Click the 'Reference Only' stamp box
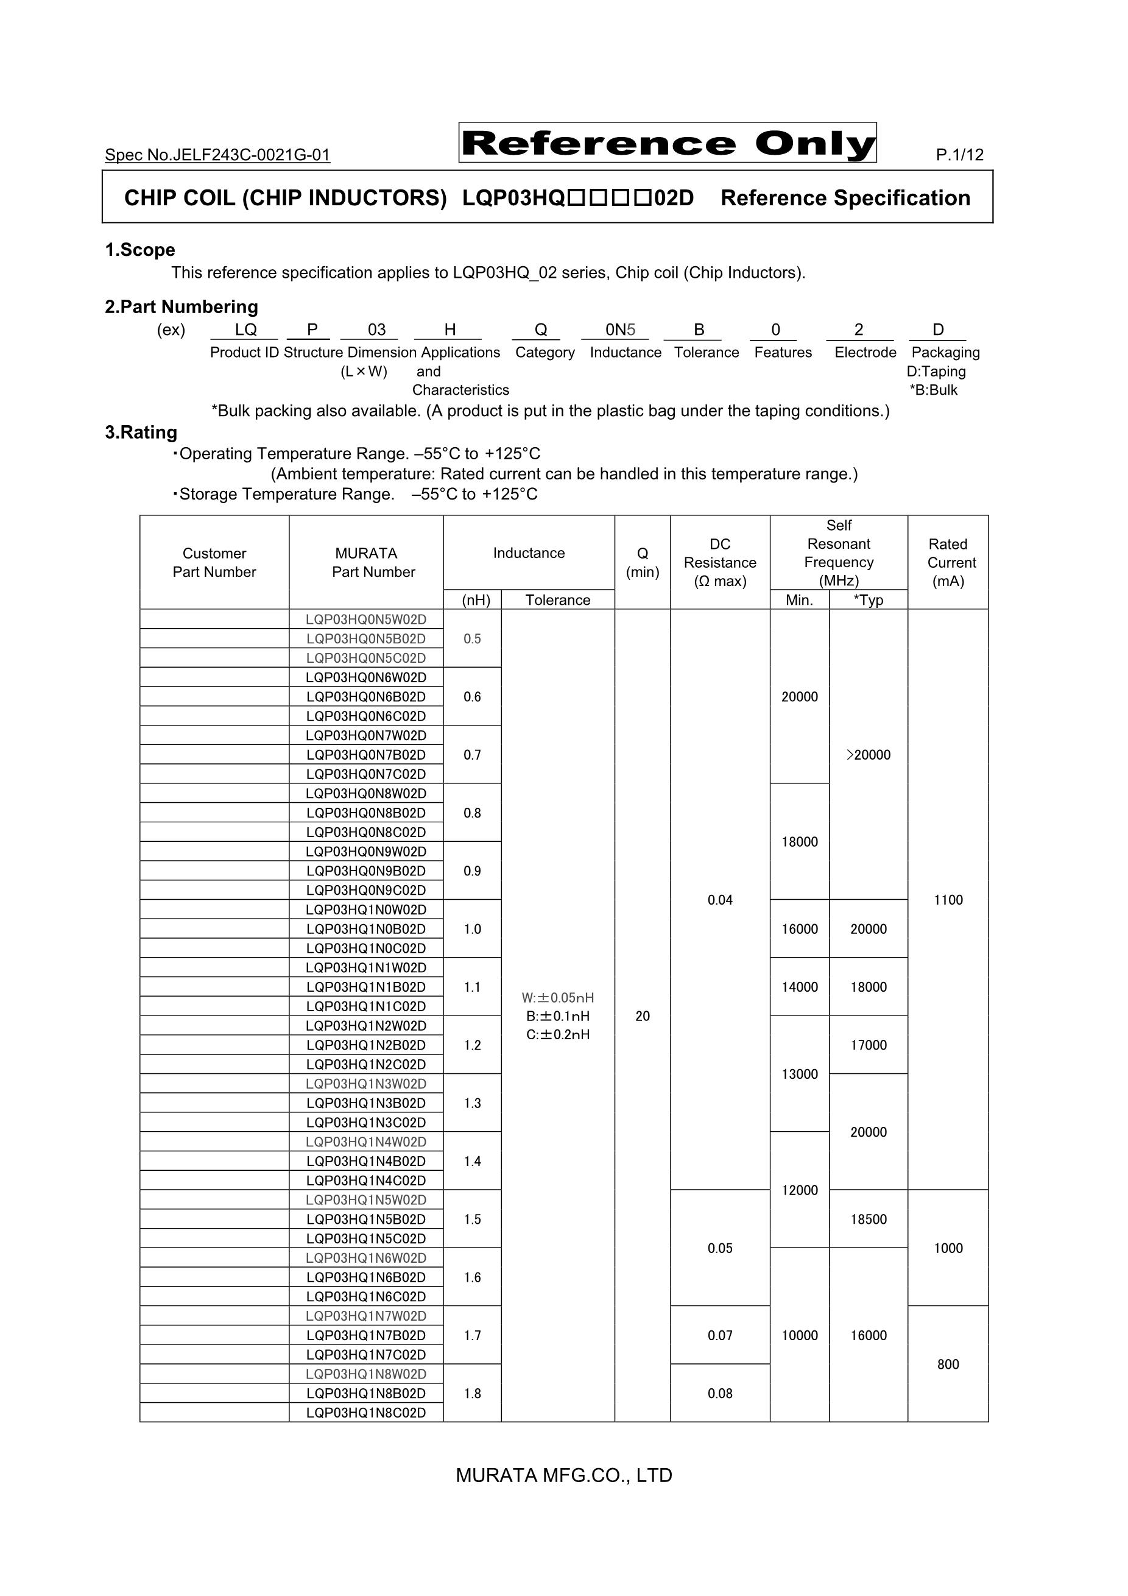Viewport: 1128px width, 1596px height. tap(667, 143)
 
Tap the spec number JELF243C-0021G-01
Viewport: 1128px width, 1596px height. tap(217, 155)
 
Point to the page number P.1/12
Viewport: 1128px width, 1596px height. tap(959, 155)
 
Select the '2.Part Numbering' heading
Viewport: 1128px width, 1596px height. tap(182, 307)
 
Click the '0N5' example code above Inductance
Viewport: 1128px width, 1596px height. tap(620, 330)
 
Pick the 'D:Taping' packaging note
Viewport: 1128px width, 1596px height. tap(936, 371)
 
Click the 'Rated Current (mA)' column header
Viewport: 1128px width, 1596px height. tap(948, 562)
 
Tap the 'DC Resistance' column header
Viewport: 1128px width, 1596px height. tap(720, 562)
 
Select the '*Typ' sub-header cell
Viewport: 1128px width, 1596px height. tap(868, 600)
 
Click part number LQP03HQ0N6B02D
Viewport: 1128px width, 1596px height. tap(365, 696)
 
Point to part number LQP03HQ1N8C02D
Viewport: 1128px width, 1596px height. tap(365, 1413)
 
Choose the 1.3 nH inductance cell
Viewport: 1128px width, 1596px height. tap(472, 1103)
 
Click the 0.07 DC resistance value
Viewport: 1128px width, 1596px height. tap(720, 1335)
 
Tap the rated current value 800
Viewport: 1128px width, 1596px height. tap(948, 1364)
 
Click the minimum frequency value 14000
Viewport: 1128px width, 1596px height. tap(799, 987)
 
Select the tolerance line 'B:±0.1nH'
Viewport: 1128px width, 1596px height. tap(557, 1016)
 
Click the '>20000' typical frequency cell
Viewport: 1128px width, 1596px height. tap(868, 755)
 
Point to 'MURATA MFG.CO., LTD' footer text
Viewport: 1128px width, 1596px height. tap(563, 1475)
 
